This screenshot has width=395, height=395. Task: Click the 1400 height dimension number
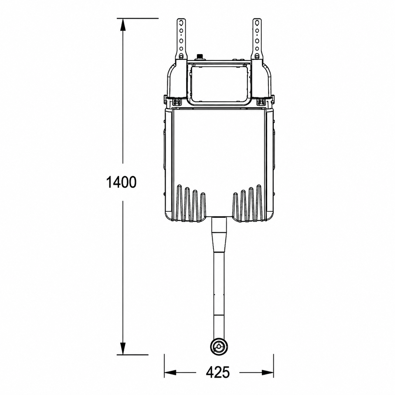[x=121, y=182]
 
